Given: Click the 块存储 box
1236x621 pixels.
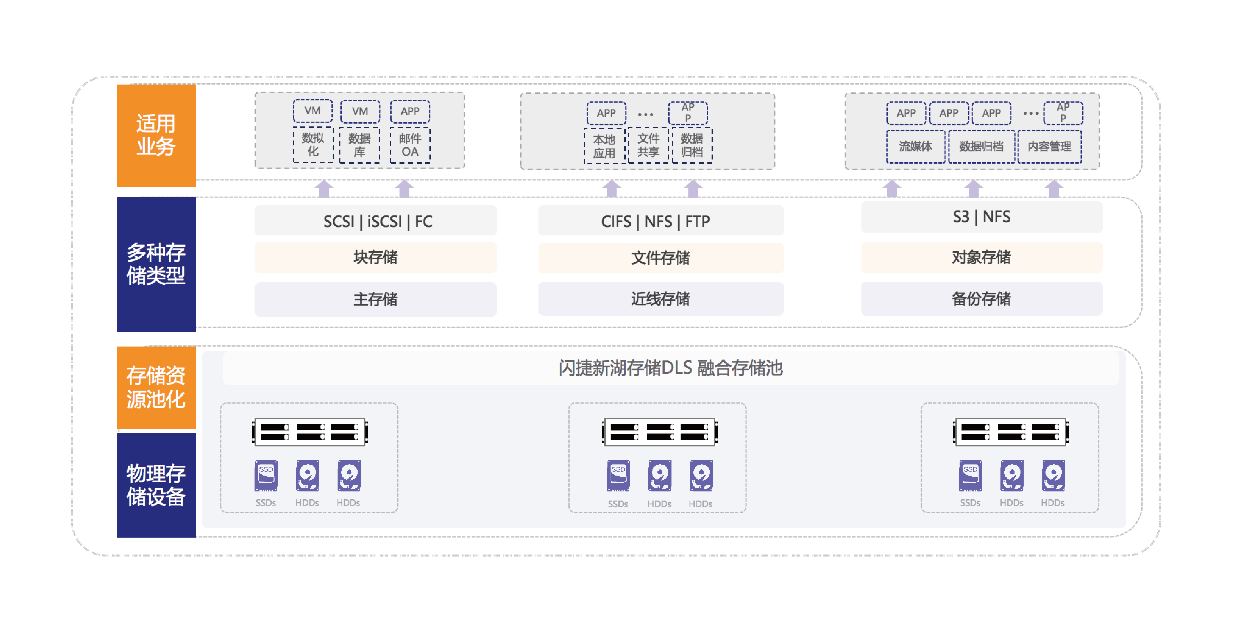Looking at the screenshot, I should (376, 258).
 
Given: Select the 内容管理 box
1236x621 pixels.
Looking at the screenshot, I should (1049, 146).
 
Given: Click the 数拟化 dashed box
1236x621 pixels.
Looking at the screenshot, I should (313, 145).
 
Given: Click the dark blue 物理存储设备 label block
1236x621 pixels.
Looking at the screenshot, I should (156, 485).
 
